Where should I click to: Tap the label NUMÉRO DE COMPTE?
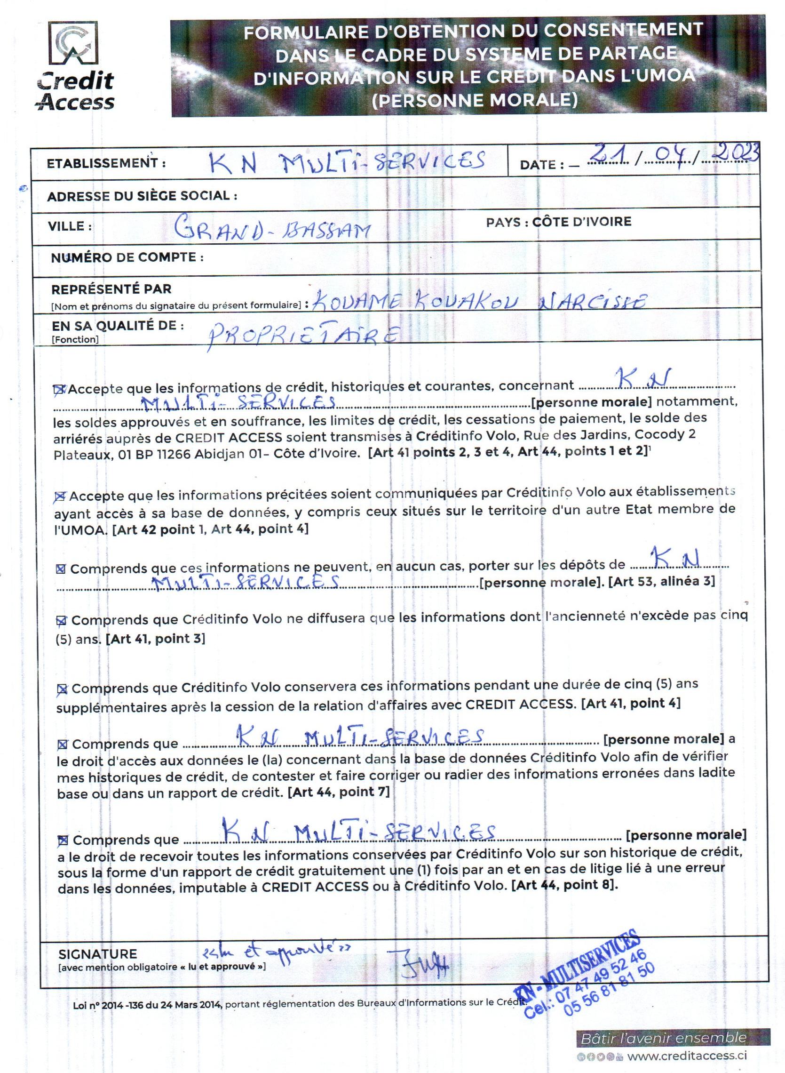(127, 257)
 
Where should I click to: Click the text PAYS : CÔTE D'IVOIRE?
(558, 222)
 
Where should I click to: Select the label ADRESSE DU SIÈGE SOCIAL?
(142, 195)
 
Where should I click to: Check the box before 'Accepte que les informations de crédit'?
(59, 389)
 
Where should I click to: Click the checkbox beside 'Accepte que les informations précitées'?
(60, 497)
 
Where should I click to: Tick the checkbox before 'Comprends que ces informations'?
(61, 569)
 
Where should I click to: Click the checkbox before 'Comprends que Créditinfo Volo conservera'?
(62, 689)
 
